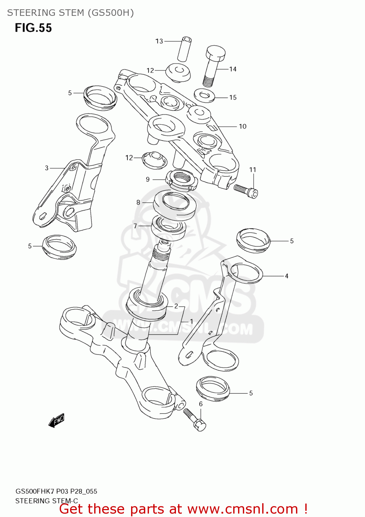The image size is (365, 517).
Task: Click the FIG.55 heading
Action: coord(33,28)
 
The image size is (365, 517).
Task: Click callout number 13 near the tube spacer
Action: coord(159,41)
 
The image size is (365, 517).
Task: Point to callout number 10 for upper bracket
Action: coord(243,126)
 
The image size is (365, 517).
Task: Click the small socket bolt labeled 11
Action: coord(246,191)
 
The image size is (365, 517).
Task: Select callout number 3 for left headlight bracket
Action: coord(47,168)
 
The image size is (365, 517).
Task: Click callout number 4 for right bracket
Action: coord(286,276)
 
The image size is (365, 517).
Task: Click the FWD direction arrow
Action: coord(56,420)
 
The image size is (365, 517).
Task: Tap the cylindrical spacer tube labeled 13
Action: coord(185,49)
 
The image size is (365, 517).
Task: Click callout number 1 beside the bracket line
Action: coord(191,321)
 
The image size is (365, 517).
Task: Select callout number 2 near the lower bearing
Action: coord(176,306)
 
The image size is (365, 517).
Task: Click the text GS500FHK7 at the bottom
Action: coord(34,491)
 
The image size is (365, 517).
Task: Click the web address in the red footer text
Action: coord(243,509)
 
